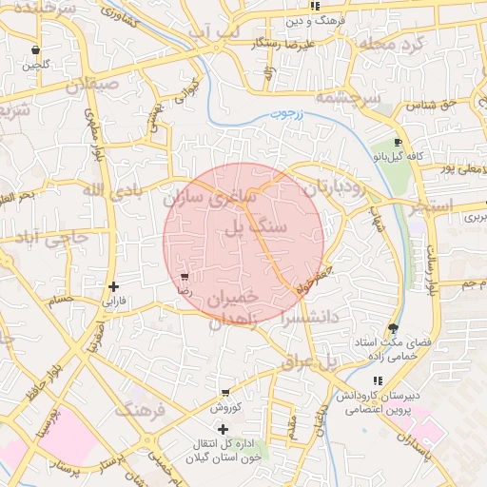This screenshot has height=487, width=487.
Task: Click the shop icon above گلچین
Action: point(36,50)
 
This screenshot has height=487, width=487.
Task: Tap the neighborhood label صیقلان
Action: point(95,83)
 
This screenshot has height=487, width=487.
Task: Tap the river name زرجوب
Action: point(284,114)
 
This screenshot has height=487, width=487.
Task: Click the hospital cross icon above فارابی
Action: point(114,285)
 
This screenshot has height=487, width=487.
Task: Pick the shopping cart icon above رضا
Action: point(184,278)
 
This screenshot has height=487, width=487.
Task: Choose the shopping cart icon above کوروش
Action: point(224,392)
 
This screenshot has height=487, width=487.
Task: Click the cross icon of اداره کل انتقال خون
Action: point(223,430)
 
